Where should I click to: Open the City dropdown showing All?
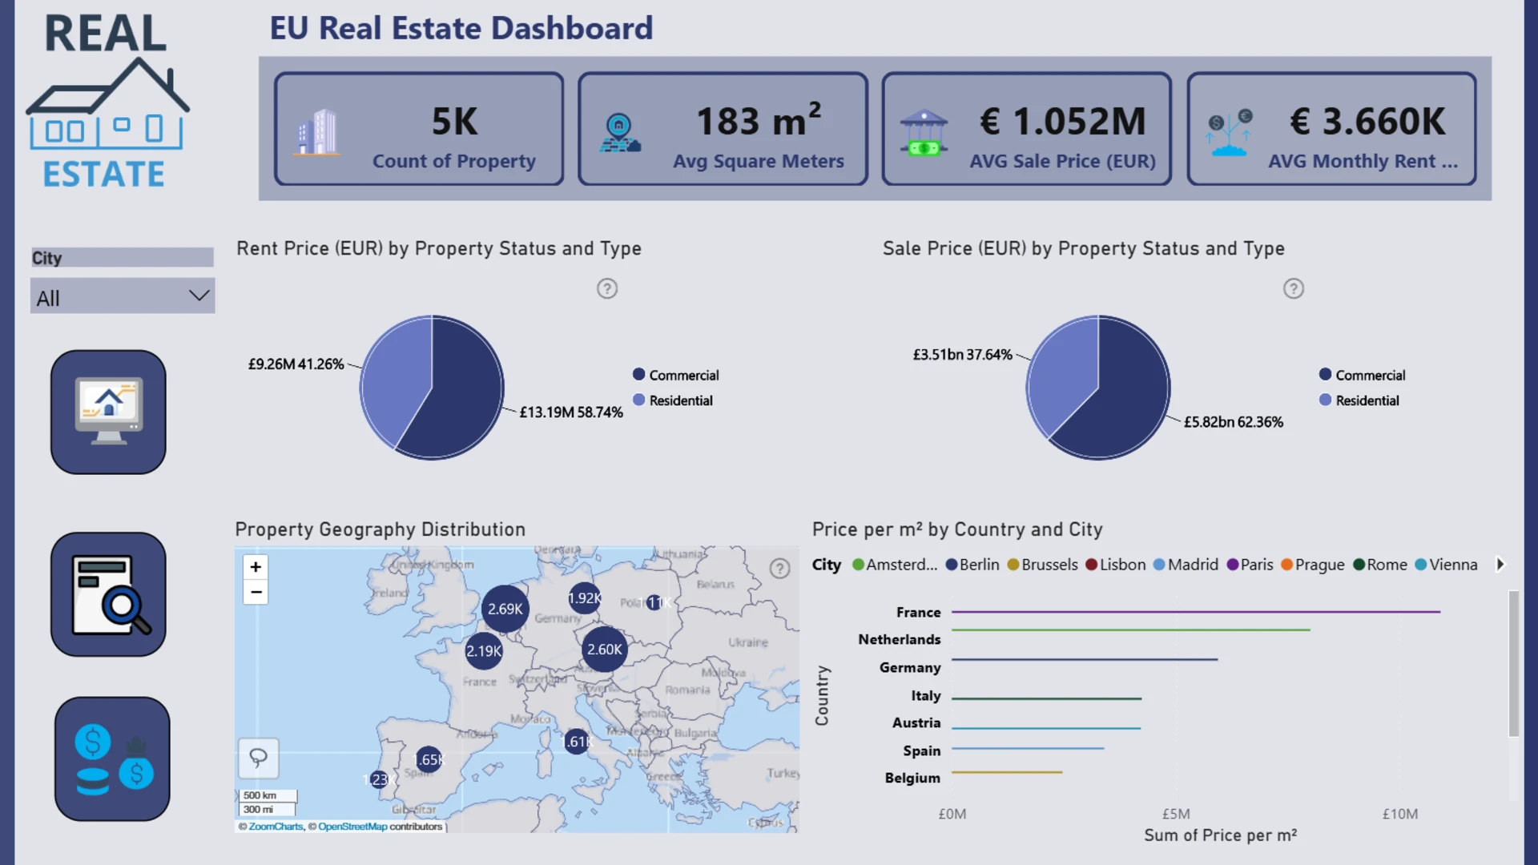point(122,296)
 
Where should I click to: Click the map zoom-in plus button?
point(256,567)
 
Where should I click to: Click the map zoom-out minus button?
point(256,593)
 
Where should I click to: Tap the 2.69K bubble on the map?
point(505,609)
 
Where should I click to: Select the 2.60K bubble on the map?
point(604,650)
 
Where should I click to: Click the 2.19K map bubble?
point(484,651)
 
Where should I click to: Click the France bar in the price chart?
point(1195,612)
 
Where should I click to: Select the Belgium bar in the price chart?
point(1007,772)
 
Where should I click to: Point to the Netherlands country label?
point(899,639)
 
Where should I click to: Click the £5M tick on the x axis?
point(1176,814)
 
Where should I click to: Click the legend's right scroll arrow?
point(1500,564)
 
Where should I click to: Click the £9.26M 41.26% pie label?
point(296,364)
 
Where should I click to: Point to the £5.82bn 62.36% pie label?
point(1233,422)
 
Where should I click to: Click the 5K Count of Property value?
point(454,122)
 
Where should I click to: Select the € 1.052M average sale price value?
point(1062,122)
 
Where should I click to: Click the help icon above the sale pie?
point(1293,288)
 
